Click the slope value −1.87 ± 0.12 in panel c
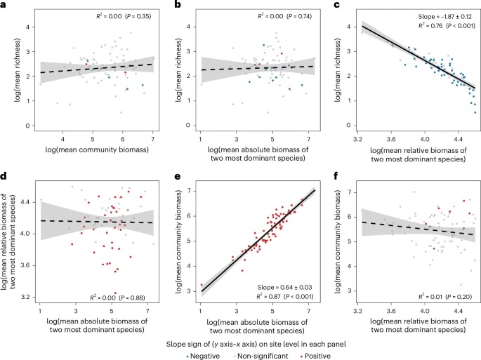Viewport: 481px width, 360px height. point(433,14)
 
